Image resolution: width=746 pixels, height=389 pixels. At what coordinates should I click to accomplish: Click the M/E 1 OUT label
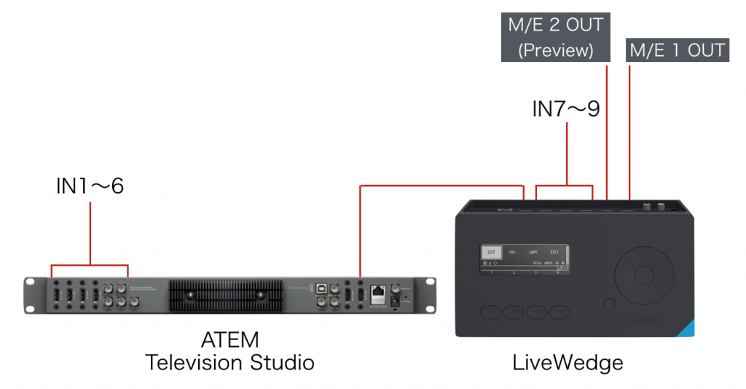tap(678, 50)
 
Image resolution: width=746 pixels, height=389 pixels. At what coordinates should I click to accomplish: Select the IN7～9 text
tap(566, 109)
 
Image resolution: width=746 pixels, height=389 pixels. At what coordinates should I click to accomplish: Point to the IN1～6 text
tap(90, 186)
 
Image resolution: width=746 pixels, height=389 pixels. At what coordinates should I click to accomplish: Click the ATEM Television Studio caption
tap(230, 351)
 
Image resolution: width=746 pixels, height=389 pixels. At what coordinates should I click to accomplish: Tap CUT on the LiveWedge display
tap(492, 252)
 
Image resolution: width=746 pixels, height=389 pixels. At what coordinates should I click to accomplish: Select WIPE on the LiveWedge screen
tap(534, 252)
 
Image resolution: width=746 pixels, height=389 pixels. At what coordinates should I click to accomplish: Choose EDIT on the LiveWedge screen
tap(555, 252)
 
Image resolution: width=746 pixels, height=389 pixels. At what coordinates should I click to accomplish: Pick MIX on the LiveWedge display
tap(513, 252)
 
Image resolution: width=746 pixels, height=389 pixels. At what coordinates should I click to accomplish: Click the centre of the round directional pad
tap(643, 275)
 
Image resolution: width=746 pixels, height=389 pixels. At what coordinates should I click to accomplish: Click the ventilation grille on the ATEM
tap(226, 296)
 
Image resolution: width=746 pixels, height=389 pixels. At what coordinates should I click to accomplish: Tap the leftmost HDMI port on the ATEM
tap(56, 295)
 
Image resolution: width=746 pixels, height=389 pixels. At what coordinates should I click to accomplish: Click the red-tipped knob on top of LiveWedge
tap(646, 207)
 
